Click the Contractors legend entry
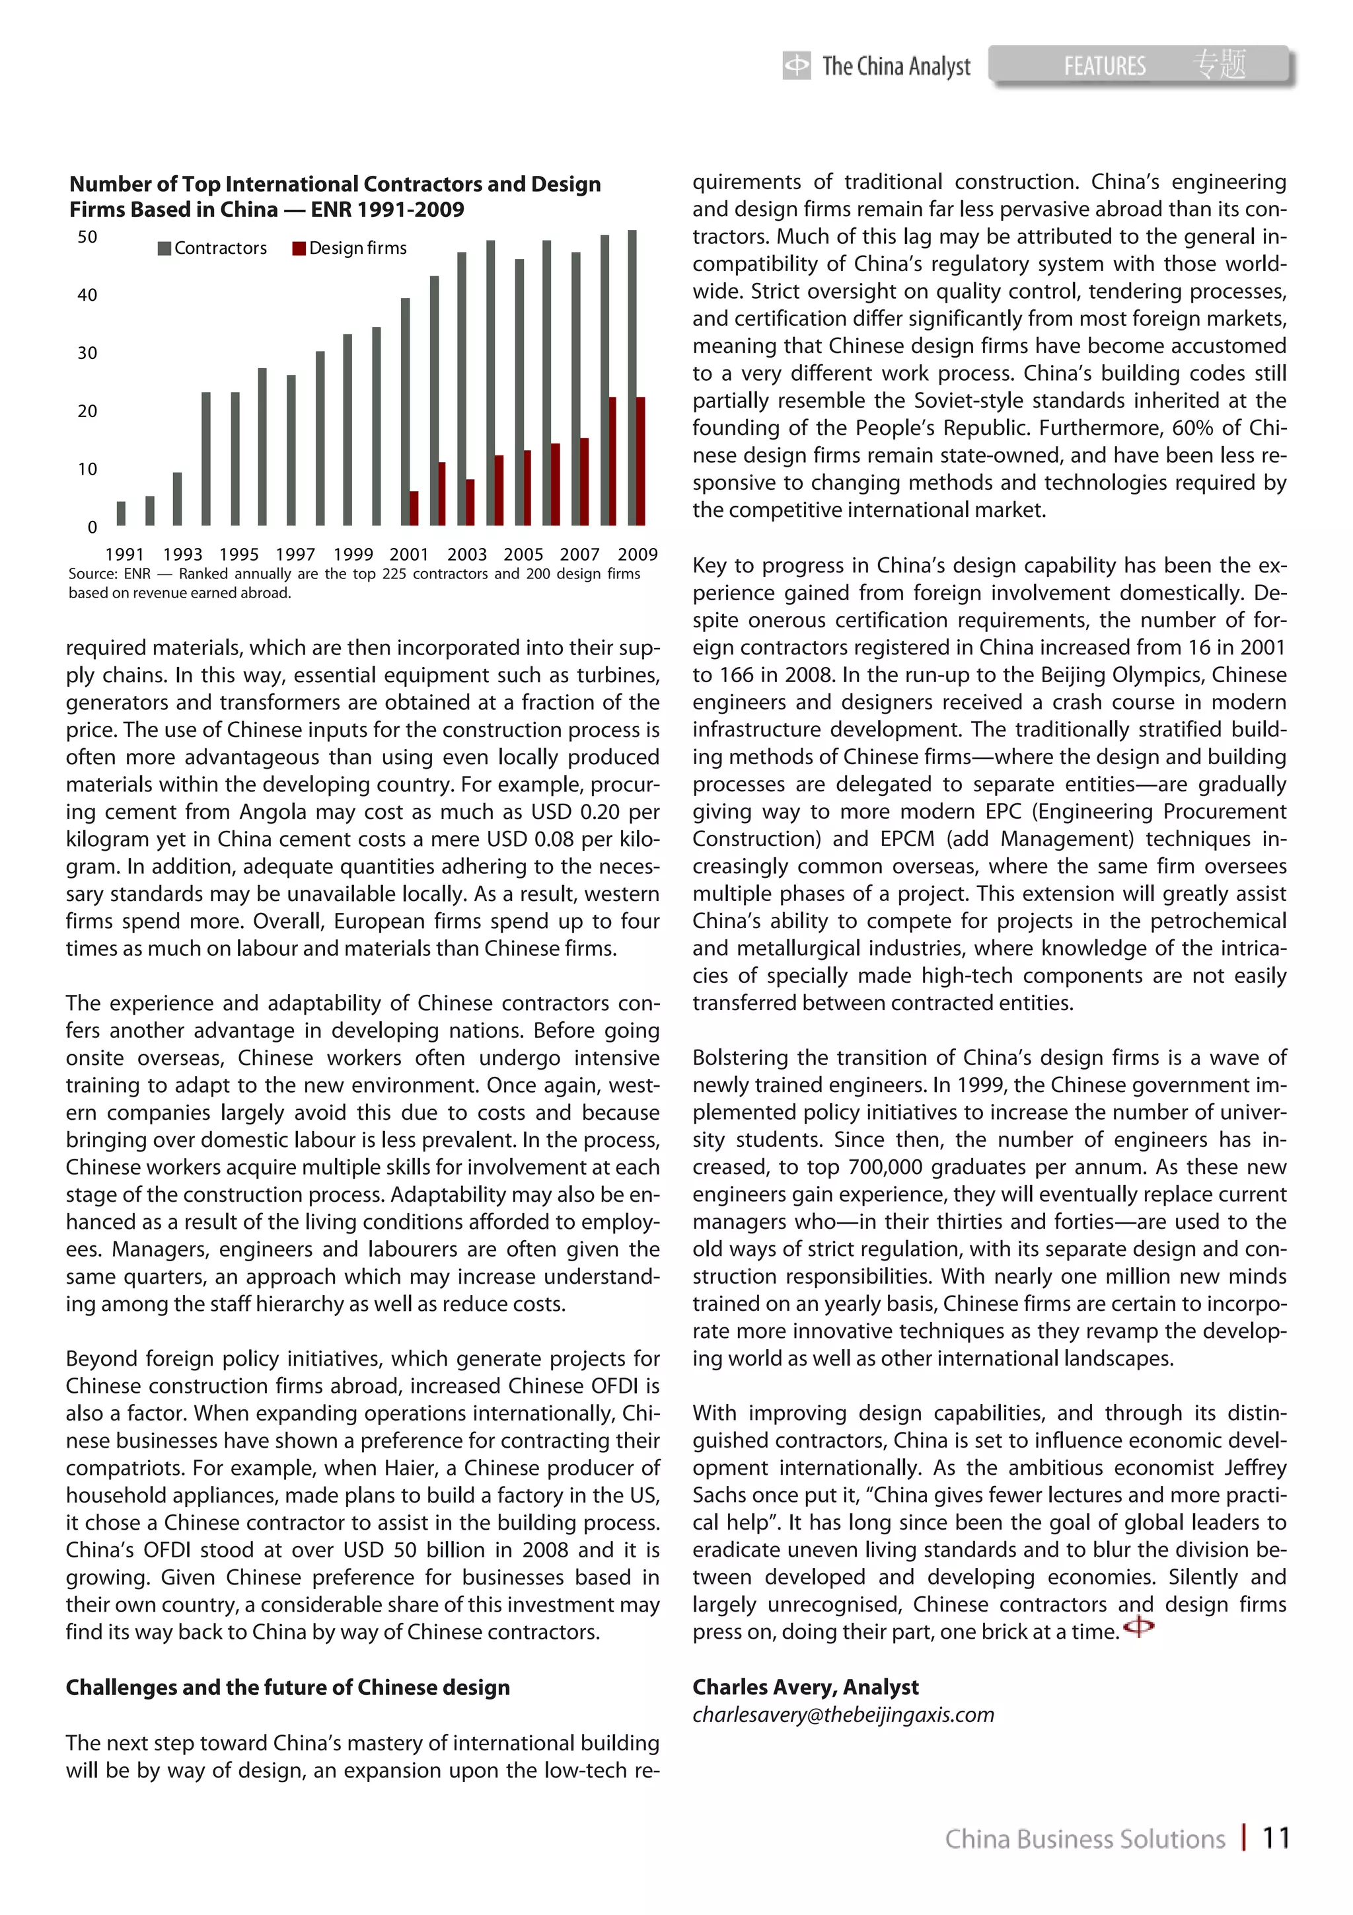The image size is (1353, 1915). (213, 248)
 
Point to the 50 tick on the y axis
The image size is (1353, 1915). (87, 237)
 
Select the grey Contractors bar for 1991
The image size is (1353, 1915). (122, 513)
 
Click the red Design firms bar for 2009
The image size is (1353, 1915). (641, 461)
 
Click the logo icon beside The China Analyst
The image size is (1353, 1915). (796, 65)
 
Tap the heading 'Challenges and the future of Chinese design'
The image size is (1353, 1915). (287, 1688)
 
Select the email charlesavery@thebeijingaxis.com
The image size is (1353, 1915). (843, 1715)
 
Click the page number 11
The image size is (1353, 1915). (1276, 1838)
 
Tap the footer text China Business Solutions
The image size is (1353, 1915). (1085, 1838)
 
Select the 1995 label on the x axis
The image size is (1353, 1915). (238, 554)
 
